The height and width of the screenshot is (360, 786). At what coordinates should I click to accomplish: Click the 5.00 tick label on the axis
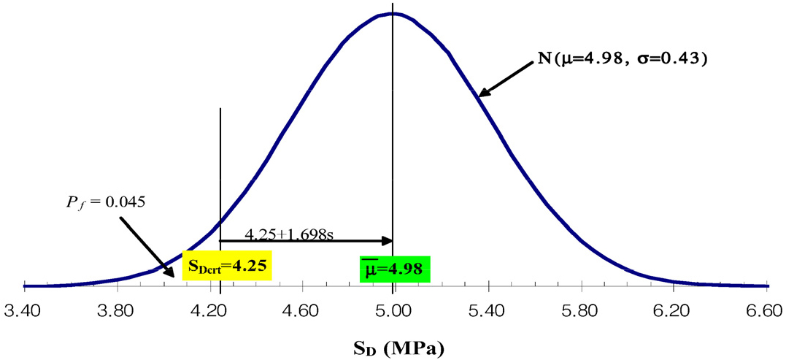pyautogui.click(x=394, y=310)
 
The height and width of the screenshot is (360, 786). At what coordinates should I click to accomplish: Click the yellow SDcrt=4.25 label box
pyautogui.click(x=226, y=267)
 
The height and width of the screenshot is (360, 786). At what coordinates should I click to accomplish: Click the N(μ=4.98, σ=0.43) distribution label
pyautogui.click(x=621, y=58)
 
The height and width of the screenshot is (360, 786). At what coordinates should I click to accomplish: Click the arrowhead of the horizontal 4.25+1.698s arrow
pyautogui.click(x=388, y=240)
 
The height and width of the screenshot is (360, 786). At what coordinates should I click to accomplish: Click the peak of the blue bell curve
pyautogui.click(x=393, y=14)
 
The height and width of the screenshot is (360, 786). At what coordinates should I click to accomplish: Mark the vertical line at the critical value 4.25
pyautogui.click(x=220, y=168)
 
